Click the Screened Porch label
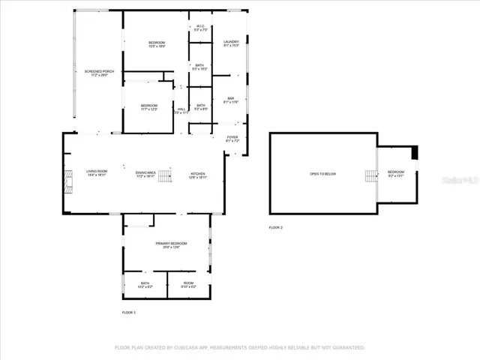99,73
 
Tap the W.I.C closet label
200,28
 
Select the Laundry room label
231,43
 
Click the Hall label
181,111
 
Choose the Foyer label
232,139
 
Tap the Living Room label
96,173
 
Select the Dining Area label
145,173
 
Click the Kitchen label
196,173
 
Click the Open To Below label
323,174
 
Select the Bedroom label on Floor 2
395,174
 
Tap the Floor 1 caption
129,311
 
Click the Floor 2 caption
276,227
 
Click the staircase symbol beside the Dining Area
164,174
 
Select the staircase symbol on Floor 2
370,175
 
